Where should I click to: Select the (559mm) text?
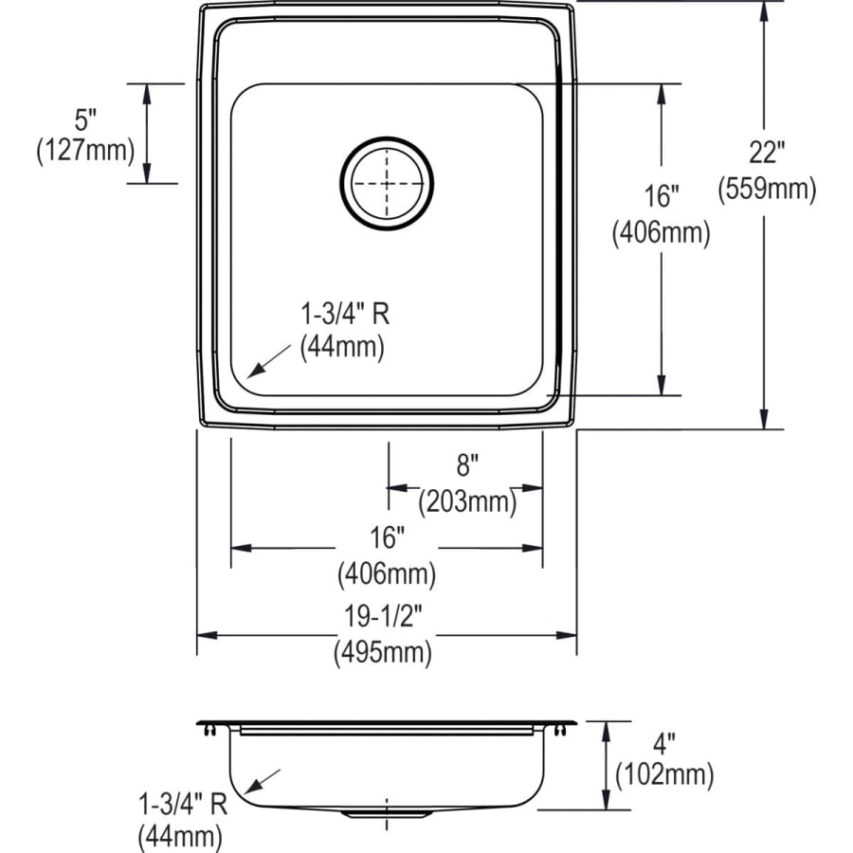(767, 190)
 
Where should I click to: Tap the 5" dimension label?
(85, 120)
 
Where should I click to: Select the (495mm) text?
(383, 652)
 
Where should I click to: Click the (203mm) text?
(468, 500)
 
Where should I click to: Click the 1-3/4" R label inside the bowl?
(343, 313)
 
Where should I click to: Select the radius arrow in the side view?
(263, 780)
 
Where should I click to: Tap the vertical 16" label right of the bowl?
(661, 196)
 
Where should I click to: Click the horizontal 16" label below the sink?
(387, 538)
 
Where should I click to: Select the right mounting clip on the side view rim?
(565, 728)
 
